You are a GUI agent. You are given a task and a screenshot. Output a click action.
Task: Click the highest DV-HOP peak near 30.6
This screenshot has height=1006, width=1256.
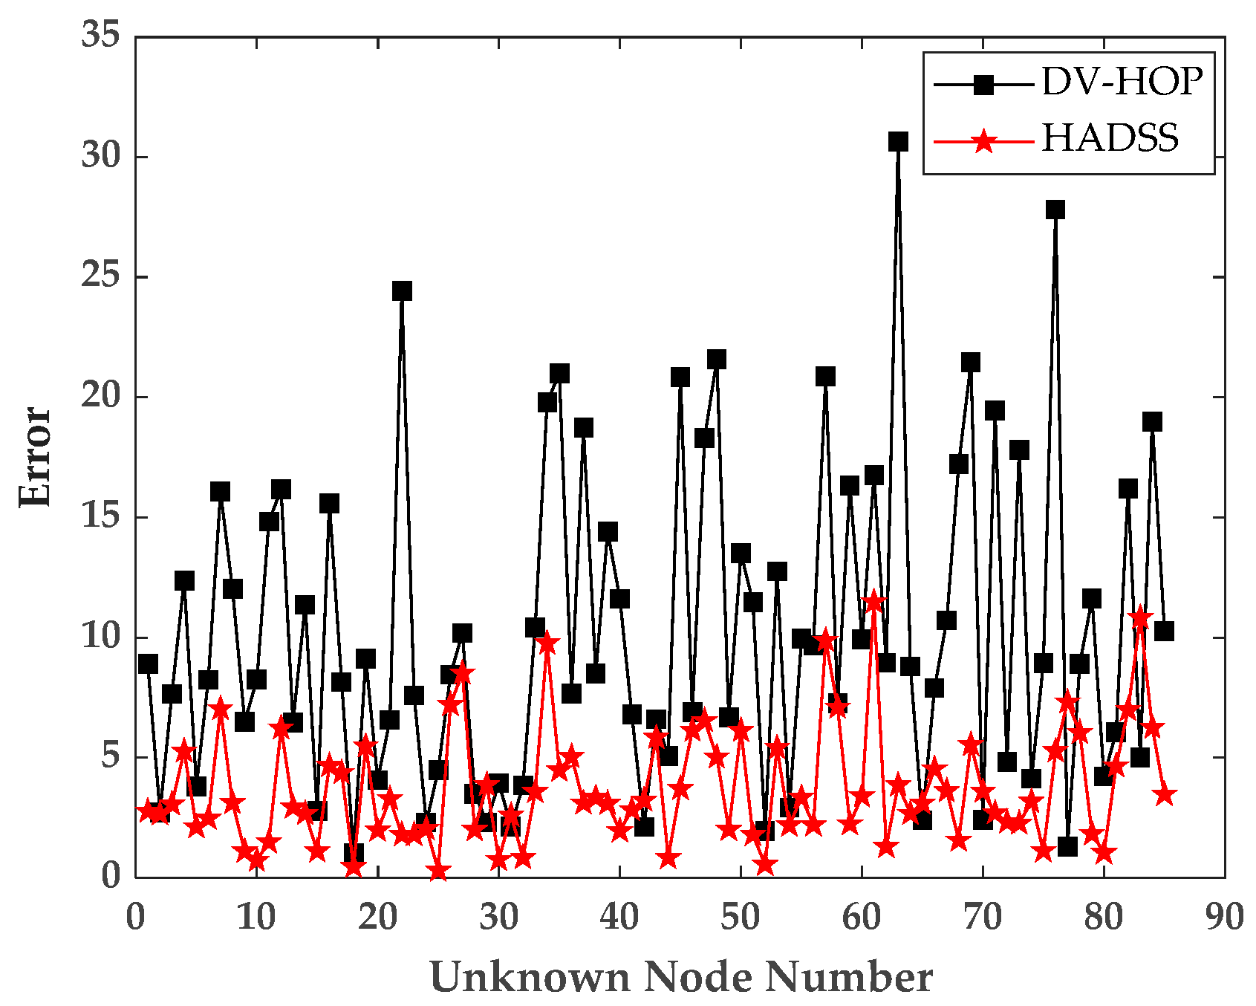[898, 141]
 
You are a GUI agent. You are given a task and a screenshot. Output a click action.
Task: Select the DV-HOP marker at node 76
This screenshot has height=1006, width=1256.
[1055, 210]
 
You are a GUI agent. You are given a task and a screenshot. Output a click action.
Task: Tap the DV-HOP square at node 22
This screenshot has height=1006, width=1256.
[402, 291]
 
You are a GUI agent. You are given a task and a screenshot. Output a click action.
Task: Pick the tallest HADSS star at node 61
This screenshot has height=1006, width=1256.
[874, 601]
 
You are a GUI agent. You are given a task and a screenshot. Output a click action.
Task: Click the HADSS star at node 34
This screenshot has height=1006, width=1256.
[547, 643]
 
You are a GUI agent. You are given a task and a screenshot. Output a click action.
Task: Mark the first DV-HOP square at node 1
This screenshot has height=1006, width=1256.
[148, 663]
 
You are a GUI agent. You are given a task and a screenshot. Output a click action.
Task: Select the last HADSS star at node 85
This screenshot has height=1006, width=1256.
[1165, 795]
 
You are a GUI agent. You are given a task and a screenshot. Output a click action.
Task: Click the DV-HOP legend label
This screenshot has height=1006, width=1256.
[1122, 81]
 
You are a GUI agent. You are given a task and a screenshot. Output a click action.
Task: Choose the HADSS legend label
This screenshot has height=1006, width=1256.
[1110, 139]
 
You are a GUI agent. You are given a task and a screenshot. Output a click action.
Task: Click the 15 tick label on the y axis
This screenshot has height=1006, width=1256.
[101, 517]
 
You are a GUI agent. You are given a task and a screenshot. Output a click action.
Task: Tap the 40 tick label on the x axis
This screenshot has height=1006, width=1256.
[619, 918]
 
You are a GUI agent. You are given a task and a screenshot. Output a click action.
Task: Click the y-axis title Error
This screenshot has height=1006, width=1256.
[36, 456]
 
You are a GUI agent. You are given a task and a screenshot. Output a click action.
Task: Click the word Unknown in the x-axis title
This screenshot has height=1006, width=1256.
[530, 977]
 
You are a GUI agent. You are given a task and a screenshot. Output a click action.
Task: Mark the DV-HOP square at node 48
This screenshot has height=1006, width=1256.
[716, 360]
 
